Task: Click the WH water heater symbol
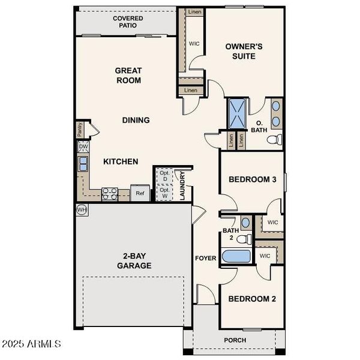pos(82,209)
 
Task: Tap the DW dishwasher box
pos(83,147)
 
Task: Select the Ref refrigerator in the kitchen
pos(140,193)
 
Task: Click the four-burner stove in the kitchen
pos(110,194)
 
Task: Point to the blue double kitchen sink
pos(83,164)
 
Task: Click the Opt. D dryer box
pos(164,176)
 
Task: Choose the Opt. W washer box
pos(164,193)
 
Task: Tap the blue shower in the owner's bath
pos(238,113)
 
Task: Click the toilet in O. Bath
pos(275,139)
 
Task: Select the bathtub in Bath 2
pos(236,256)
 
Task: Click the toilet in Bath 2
pos(244,239)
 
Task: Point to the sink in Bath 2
pos(246,223)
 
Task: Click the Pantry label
pos(80,130)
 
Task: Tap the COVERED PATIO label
pos(128,22)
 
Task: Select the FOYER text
pos(205,258)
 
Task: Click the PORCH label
pos(235,340)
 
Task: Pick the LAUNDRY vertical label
pos(182,185)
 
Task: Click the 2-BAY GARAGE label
pos(134,261)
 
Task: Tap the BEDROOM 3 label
pos(253,179)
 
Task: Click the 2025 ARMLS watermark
pos(31,344)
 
